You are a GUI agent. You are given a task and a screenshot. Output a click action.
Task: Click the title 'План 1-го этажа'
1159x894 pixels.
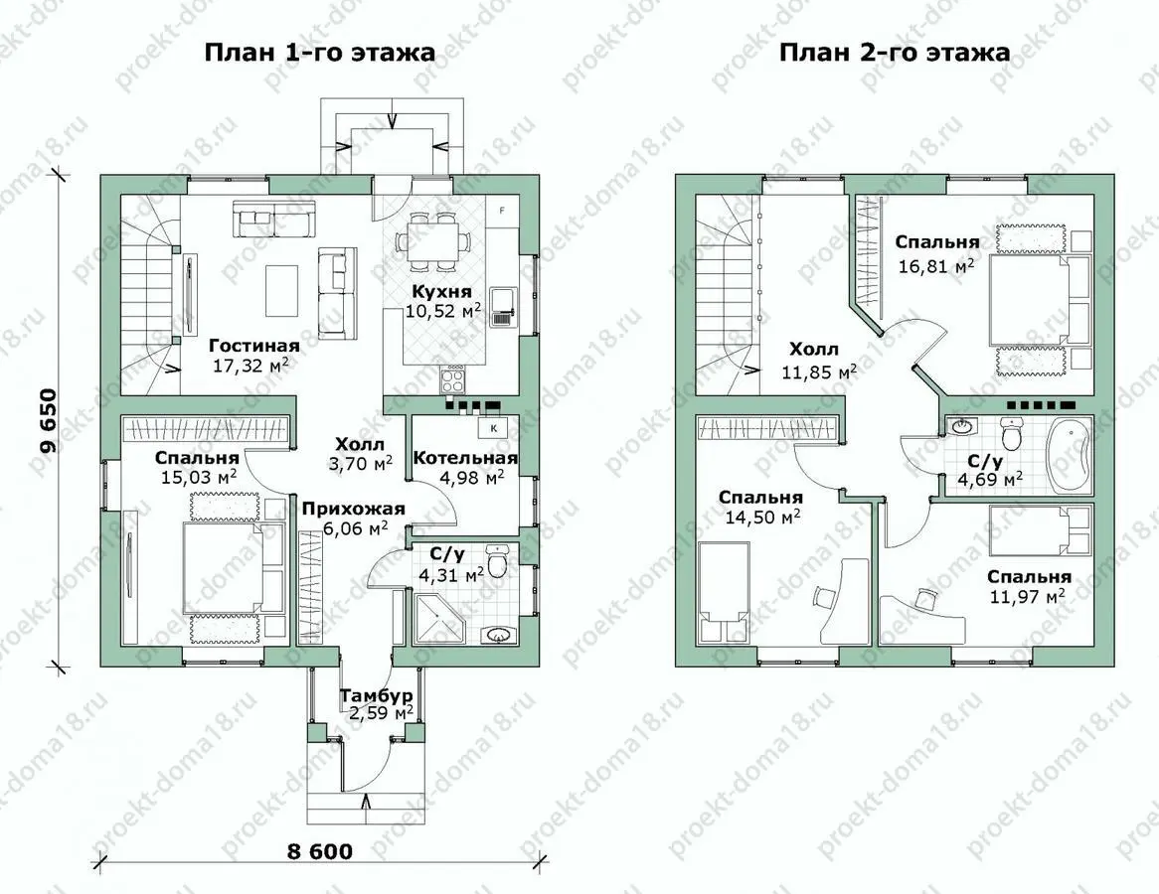click(x=319, y=54)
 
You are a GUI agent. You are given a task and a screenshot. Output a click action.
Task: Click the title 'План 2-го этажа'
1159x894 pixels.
click(x=895, y=54)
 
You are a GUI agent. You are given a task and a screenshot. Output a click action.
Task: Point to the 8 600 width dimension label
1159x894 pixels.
click(x=320, y=850)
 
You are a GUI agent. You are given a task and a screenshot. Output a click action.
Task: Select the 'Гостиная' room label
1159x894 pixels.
click(x=254, y=346)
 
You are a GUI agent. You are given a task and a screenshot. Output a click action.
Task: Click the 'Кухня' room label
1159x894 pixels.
click(x=442, y=291)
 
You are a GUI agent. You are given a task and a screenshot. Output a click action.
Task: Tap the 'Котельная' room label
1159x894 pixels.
click(x=465, y=458)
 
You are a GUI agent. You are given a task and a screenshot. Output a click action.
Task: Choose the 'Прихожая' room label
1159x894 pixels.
click(x=353, y=509)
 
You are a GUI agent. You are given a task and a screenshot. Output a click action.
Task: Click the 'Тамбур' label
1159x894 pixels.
click(x=377, y=696)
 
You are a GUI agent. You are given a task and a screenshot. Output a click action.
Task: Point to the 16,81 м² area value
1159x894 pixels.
click(x=936, y=266)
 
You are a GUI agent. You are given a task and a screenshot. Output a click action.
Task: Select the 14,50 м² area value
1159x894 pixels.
click(x=762, y=518)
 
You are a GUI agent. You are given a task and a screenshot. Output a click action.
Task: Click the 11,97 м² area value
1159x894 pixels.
click(x=1027, y=596)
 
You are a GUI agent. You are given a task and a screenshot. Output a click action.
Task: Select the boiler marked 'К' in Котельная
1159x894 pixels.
click(x=493, y=427)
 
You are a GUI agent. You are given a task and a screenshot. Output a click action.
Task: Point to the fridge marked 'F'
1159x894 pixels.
click(x=502, y=212)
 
